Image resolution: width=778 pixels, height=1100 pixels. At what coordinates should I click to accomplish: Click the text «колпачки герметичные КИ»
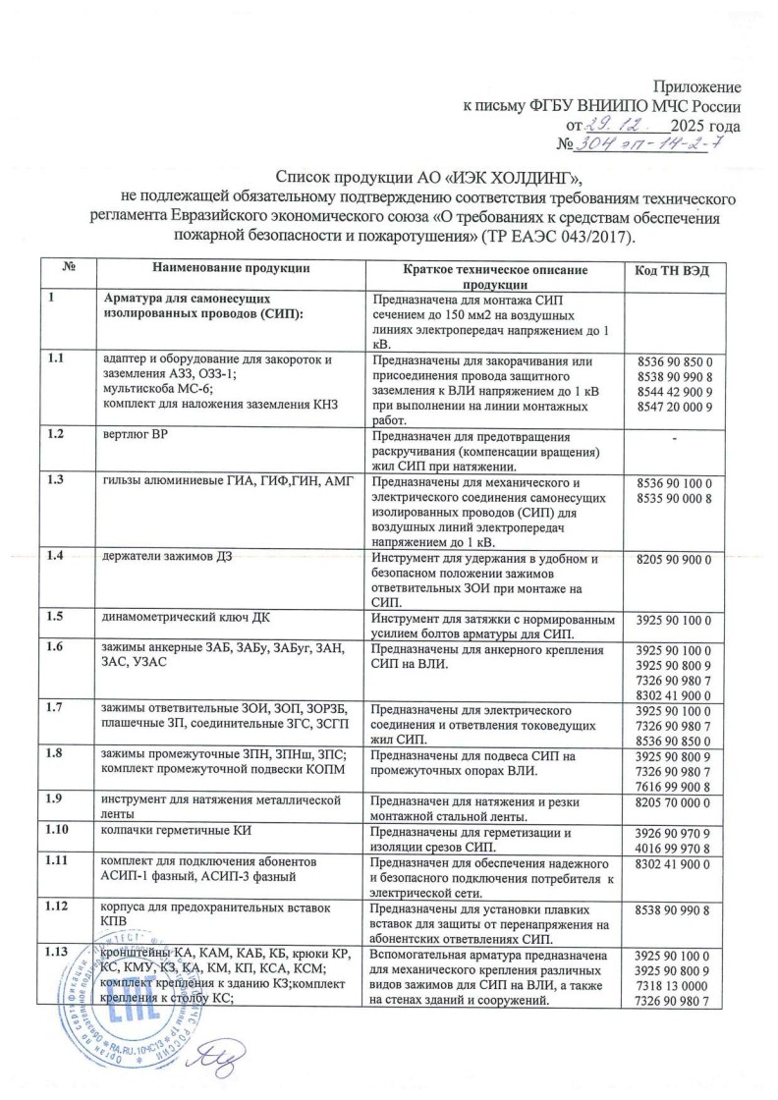point(178,833)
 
